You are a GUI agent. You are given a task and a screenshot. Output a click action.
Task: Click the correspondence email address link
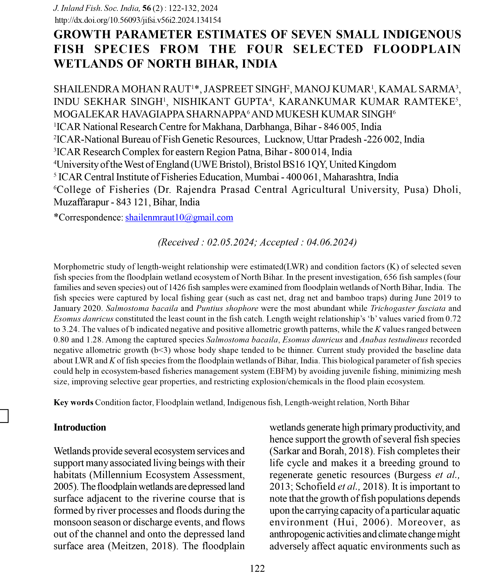[x=179, y=218]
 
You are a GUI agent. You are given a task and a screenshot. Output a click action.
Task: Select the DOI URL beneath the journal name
[x=138, y=20]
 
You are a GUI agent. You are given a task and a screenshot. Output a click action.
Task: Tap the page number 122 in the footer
[x=257, y=568]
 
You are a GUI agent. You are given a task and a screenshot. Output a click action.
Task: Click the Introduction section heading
[x=80, y=427]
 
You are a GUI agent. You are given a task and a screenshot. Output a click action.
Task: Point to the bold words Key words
[x=73, y=402]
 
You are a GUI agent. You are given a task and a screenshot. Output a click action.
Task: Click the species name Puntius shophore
[x=227, y=308]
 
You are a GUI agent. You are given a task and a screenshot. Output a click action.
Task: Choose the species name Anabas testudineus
[x=394, y=340]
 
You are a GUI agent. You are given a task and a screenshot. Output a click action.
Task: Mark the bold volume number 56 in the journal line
[x=147, y=8]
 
